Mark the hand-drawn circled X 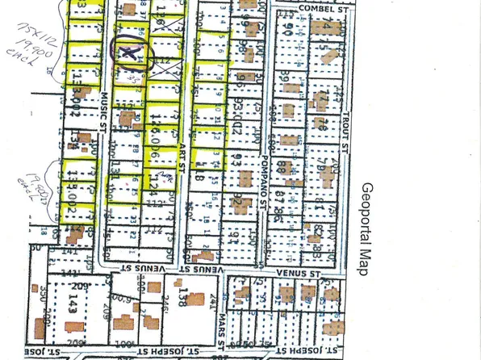tap(128, 53)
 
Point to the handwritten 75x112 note tap(23, 39)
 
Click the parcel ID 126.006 tap(152, 128)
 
